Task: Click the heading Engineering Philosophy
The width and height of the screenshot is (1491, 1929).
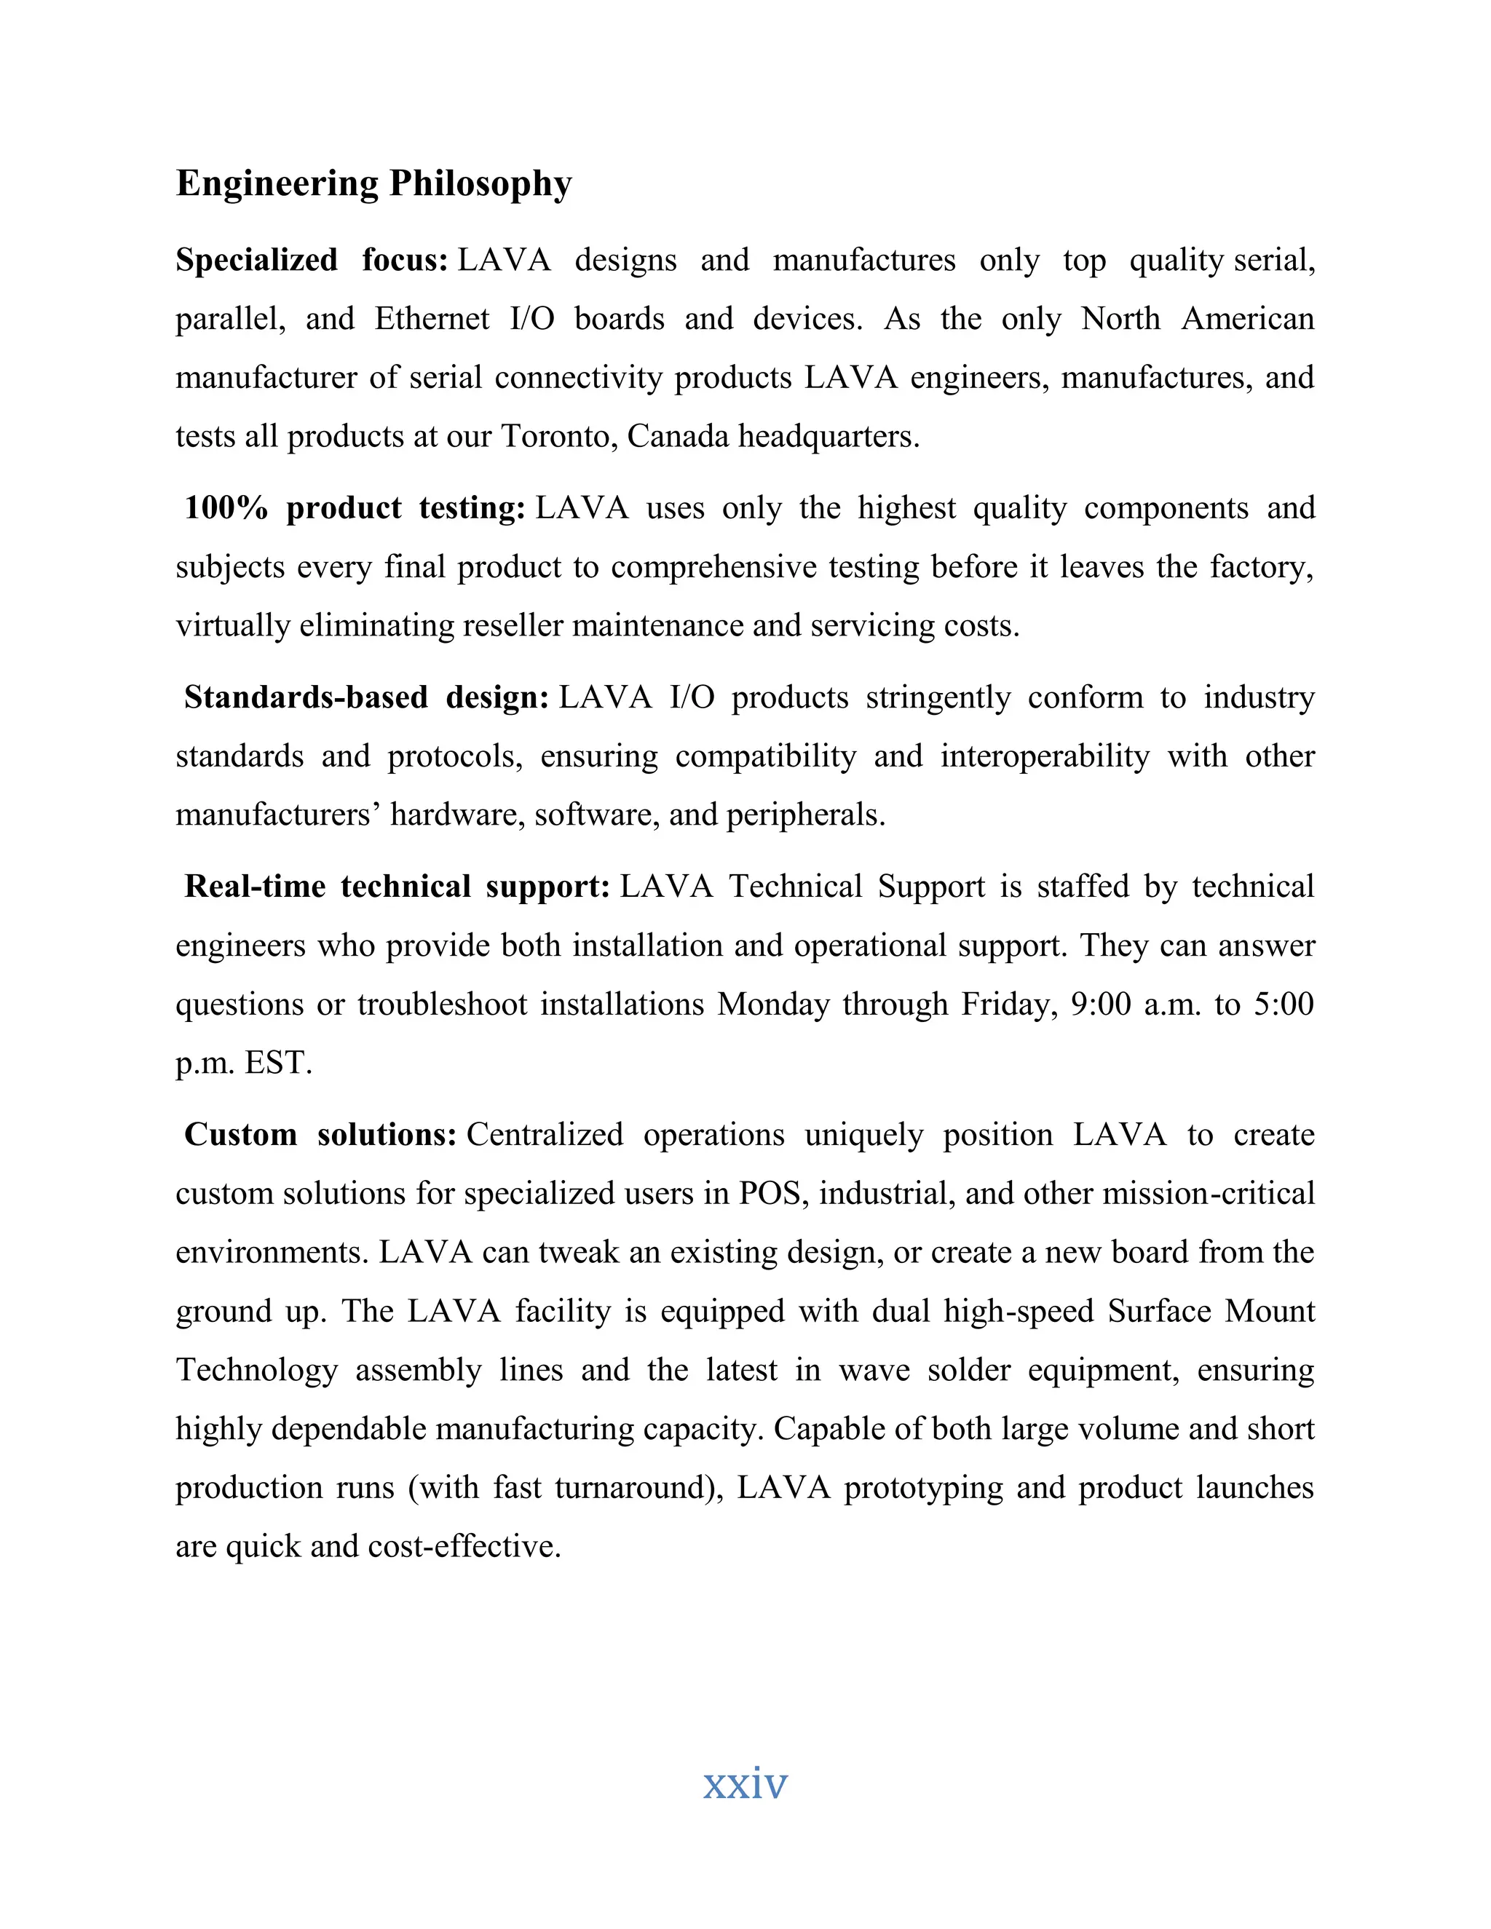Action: click(x=373, y=183)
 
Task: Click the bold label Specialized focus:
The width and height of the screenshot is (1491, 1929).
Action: click(x=312, y=260)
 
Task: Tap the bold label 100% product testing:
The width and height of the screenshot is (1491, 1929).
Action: click(x=355, y=508)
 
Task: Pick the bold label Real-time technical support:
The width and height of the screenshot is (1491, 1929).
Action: click(x=397, y=886)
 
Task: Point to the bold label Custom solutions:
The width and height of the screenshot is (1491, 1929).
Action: click(x=320, y=1134)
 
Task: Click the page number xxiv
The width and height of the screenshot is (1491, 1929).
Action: click(x=745, y=1783)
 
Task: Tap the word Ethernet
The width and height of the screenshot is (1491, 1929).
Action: click(x=431, y=319)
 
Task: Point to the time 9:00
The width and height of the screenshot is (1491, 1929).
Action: click(x=1101, y=1005)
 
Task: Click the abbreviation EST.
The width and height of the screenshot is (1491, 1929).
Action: click(x=278, y=1063)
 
